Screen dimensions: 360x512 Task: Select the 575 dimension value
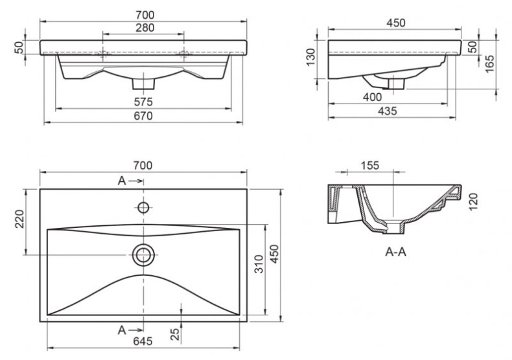143,102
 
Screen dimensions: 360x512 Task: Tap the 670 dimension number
143,117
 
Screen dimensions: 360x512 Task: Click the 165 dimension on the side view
490,63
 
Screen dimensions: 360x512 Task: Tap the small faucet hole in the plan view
143,208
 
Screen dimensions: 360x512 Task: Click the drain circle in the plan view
143,254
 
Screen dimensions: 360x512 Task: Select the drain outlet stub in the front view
143,82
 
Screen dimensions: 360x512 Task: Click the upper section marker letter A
121,181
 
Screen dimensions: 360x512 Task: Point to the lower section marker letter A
121,330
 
